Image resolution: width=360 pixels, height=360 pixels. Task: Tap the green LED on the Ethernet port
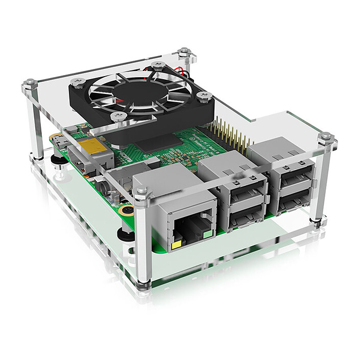pos(207,235)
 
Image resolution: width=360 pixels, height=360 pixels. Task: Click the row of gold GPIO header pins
pos(232,134)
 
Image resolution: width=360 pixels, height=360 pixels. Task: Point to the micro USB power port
pos(58,140)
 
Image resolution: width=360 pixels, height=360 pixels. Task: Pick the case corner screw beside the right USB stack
pos(325,138)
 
